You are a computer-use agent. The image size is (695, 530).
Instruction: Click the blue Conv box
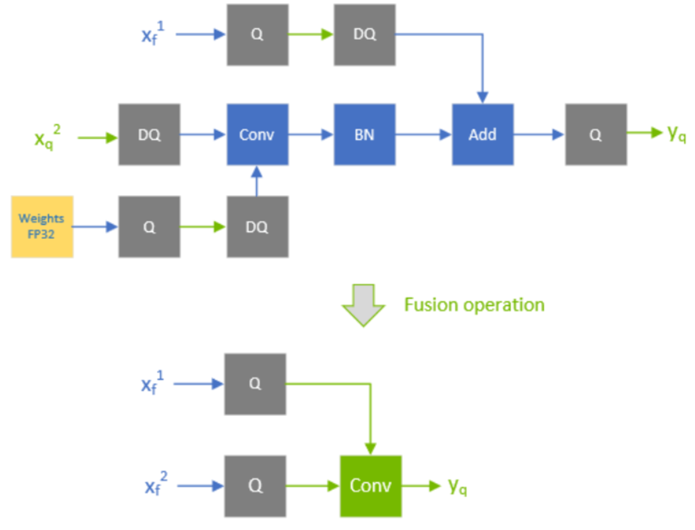(257, 134)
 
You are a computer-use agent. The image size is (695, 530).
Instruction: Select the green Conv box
(371, 486)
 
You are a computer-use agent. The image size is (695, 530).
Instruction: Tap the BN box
(365, 134)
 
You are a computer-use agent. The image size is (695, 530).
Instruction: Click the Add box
(482, 134)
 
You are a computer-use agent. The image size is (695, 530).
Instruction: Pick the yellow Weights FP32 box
(42, 226)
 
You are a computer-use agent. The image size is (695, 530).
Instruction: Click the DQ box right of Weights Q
(257, 226)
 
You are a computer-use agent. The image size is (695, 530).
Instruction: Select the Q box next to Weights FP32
(149, 226)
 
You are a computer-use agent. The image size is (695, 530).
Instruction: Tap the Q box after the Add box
(596, 134)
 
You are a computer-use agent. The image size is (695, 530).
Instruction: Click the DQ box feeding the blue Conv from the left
(149, 134)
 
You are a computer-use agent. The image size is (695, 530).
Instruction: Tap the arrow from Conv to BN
(311, 135)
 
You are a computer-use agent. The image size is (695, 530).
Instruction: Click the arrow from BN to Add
(423, 135)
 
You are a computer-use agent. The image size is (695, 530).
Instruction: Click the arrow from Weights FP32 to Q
(95, 226)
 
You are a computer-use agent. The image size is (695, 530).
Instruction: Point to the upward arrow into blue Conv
(257, 181)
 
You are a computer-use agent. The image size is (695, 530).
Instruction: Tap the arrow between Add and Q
(539, 135)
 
